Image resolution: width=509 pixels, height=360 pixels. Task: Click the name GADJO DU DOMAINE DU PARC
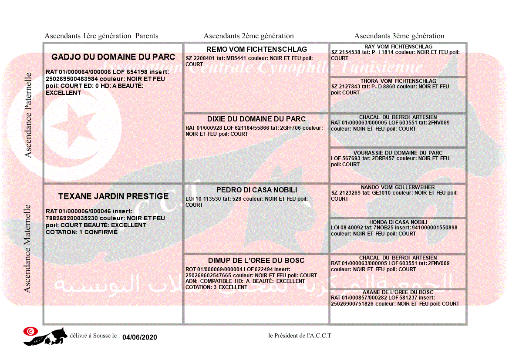[x=113, y=57]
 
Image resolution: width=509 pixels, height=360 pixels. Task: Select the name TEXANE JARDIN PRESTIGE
[x=113, y=196]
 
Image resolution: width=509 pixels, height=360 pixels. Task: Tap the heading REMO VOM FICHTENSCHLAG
[x=256, y=50]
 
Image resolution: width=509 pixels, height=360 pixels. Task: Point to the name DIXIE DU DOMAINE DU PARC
[x=256, y=119]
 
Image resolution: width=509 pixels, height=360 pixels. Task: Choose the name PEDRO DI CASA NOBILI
[x=256, y=190]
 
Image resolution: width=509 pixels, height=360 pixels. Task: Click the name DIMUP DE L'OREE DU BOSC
[x=256, y=260]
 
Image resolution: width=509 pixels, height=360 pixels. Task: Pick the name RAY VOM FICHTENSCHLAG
[x=398, y=47]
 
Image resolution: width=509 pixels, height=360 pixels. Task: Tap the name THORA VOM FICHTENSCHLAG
[x=398, y=81]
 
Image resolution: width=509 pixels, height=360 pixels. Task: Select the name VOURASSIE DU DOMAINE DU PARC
[x=398, y=153]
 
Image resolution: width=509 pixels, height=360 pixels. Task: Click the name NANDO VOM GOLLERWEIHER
[x=398, y=187]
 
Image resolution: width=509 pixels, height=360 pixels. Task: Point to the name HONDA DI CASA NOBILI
[x=398, y=222]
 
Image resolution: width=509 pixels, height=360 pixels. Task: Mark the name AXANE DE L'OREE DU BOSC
[x=398, y=292]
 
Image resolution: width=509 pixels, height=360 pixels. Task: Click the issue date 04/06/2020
[x=139, y=337]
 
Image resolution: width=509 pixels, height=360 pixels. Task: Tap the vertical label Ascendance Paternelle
[x=28, y=115]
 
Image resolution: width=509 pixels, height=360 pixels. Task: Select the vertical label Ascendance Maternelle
[x=27, y=249]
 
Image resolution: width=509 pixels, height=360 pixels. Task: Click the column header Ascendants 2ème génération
[x=249, y=36]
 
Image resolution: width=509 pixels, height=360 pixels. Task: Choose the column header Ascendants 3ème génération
[x=399, y=36]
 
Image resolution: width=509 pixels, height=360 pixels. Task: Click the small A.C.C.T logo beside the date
[x=45, y=336]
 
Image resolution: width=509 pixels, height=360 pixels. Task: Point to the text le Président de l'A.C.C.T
[x=300, y=336]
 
